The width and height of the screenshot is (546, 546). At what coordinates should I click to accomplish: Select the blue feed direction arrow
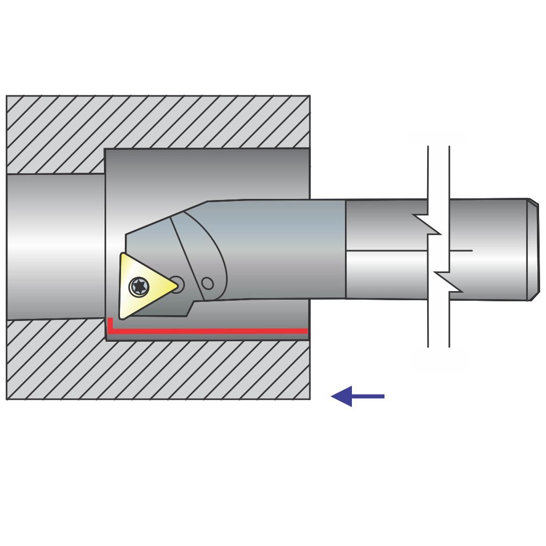click(357, 396)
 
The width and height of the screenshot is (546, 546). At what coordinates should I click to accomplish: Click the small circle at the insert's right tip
click(176, 285)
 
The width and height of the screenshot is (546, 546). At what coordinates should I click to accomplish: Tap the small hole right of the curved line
click(208, 284)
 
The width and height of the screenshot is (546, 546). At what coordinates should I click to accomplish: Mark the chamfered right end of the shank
click(533, 250)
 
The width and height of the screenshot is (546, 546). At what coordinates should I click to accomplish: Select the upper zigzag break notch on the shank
click(427, 224)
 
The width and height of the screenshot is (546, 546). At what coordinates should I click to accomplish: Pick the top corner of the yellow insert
click(123, 255)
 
